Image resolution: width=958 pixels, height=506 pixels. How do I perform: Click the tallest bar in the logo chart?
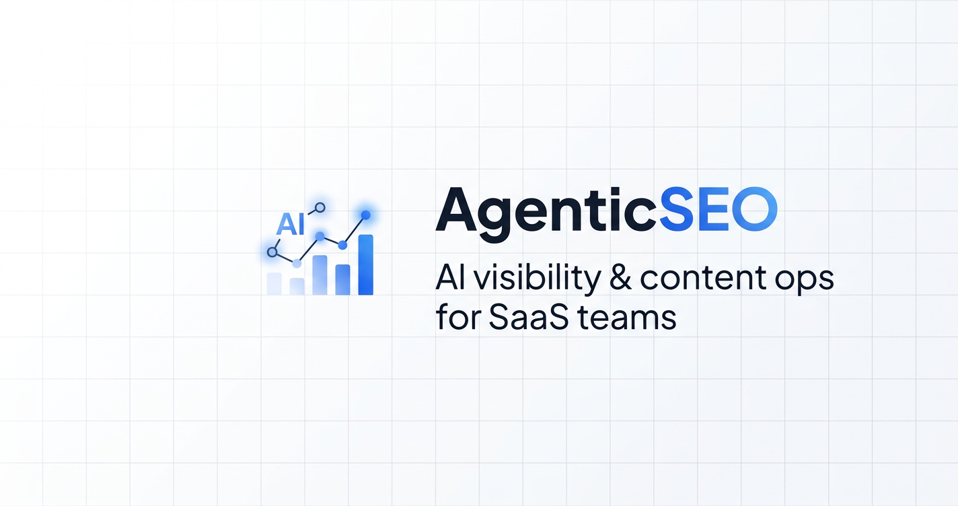[x=366, y=264]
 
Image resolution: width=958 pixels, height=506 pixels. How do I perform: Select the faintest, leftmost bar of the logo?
[x=274, y=283]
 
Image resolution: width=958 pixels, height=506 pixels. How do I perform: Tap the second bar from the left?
[x=297, y=287]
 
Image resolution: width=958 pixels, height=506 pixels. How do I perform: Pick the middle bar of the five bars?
[x=320, y=275]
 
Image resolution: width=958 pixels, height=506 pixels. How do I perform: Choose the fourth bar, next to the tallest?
[x=342, y=280]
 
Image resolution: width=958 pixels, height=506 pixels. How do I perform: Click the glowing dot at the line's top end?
[x=366, y=215]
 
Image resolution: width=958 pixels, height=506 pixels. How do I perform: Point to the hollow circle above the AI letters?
[x=320, y=208]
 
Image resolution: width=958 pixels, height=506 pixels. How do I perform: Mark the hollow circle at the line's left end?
[x=272, y=252]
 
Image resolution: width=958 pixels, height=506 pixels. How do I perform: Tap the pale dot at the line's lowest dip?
[x=297, y=263]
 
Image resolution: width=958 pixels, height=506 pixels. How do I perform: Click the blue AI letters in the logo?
[x=291, y=224]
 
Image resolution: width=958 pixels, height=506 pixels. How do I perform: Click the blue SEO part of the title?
[x=718, y=209]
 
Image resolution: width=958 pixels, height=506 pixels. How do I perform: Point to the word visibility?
[x=536, y=279]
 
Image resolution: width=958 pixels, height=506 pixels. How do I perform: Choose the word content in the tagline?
[x=702, y=278]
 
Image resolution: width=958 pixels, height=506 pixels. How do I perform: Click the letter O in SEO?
[x=754, y=209]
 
